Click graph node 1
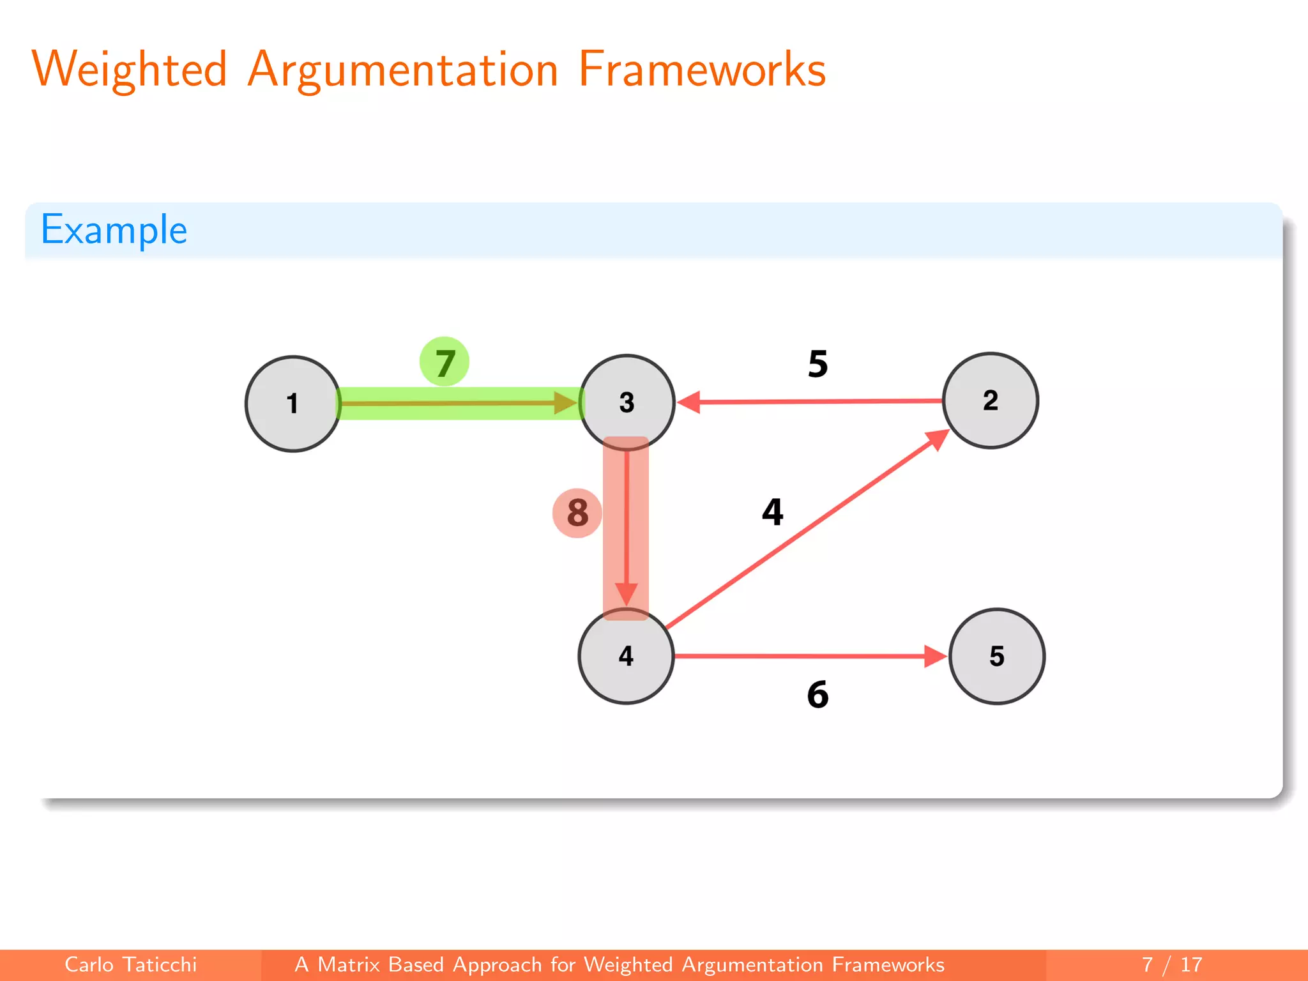tap(293, 404)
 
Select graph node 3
tap(627, 402)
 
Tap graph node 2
tap(990, 400)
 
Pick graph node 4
tap(626, 656)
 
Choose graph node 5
tap(996, 656)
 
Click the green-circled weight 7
tap(445, 362)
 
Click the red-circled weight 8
tap(577, 513)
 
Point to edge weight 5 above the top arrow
tap(817, 364)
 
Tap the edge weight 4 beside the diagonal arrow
tap(772, 512)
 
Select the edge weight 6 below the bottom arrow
tap(817, 695)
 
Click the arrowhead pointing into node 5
tap(935, 656)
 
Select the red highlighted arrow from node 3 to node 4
tap(627, 524)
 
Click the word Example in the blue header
tap(114, 230)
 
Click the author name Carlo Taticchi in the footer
tap(130, 964)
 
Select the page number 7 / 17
tap(1171, 964)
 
